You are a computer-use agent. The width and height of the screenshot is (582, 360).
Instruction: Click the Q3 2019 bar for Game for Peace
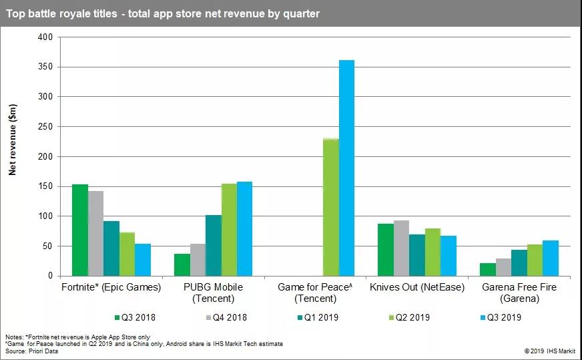coord(346,168)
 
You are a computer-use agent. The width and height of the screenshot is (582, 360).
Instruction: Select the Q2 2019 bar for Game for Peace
coord(330,207)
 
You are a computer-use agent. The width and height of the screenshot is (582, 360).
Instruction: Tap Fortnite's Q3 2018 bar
coord(80,230)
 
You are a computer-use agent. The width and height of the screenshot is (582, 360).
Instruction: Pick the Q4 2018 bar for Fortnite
coord(95,233)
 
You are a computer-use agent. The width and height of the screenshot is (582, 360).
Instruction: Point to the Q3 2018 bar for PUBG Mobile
coord(182,264)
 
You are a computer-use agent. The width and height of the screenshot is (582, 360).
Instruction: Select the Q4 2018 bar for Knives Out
coord(401,248)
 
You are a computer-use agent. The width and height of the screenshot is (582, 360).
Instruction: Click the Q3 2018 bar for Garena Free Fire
coord(488,269)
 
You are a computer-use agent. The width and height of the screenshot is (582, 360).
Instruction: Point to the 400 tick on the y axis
coord(44,37)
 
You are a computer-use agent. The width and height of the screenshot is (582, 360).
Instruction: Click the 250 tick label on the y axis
coord(44,127)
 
